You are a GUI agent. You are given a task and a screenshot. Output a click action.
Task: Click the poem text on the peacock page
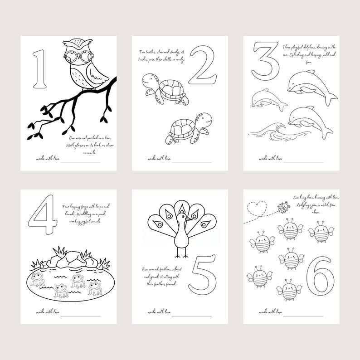162,277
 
